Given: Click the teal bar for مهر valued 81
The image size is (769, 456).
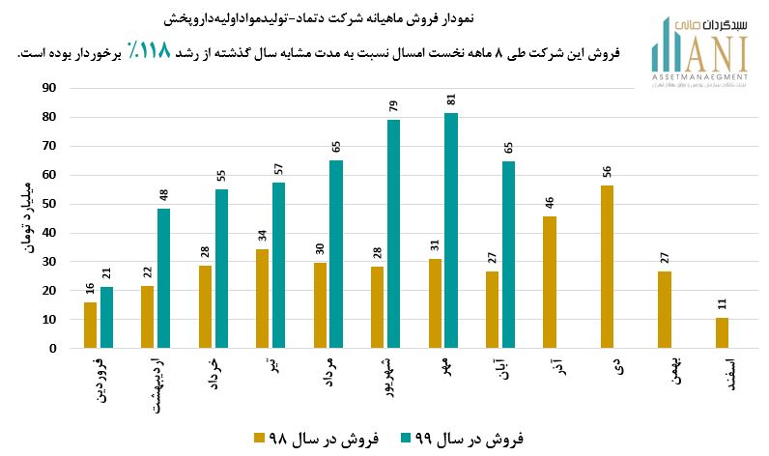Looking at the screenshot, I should click(451, 231).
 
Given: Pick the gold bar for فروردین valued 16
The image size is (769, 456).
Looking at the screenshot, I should click(90, 326).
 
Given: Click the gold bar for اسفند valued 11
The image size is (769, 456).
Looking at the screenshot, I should click(722, 332).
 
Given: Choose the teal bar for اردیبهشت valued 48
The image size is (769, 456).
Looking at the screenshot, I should click(163, 278).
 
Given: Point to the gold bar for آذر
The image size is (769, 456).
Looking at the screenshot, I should click(549, 282).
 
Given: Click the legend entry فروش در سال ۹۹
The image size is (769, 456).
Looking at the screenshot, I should click(462, 439).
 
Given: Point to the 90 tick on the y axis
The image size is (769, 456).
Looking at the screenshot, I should click(48, 88).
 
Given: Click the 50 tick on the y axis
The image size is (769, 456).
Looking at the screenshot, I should click(48, 204).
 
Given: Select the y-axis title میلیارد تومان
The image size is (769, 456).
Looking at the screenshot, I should click(24, 218).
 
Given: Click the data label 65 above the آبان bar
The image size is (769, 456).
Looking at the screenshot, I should click(508, 148).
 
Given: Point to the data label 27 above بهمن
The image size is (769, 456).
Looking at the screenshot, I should click(665, 258).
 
